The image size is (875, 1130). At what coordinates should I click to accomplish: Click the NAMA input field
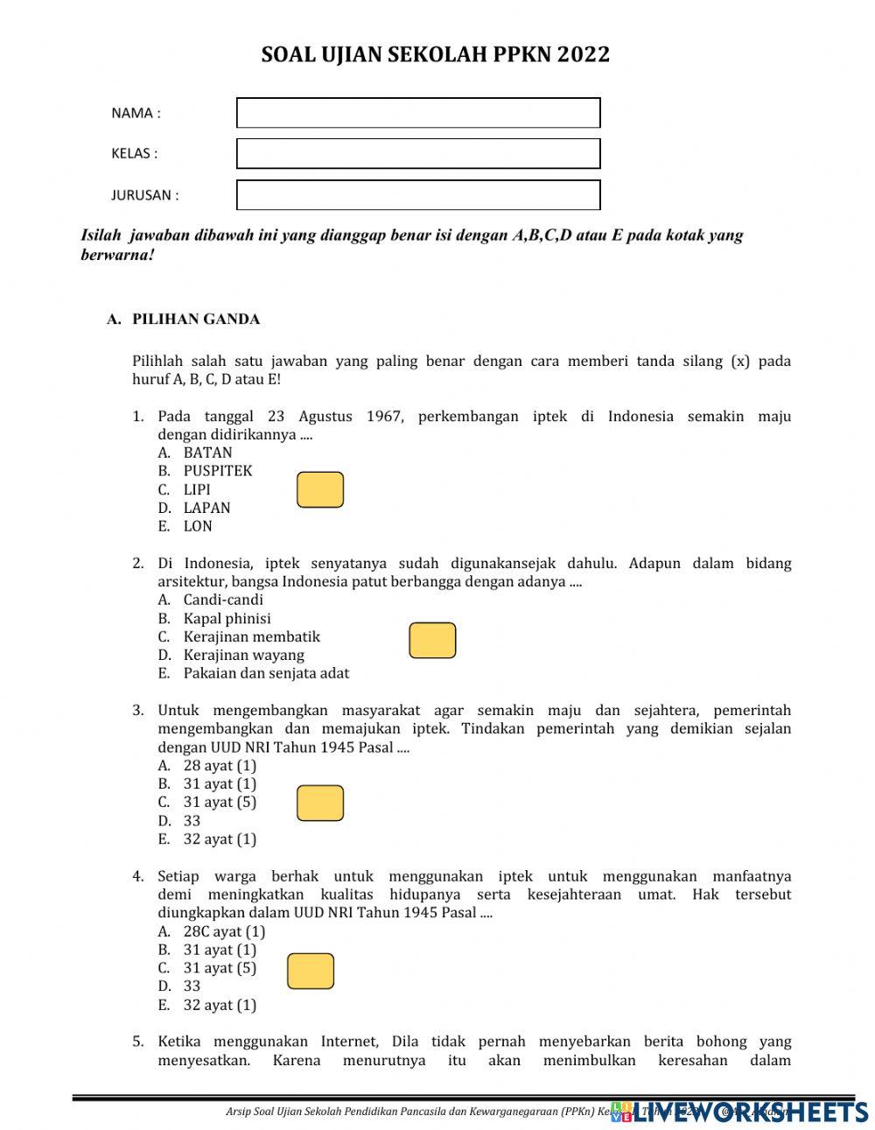[418, 113]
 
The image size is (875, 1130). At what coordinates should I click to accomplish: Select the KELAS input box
[418, 154]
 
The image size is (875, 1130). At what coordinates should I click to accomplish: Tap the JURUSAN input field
[418, 195]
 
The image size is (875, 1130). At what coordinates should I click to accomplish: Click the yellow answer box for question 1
[320, 490]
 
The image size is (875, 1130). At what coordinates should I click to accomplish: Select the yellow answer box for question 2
[432, 641]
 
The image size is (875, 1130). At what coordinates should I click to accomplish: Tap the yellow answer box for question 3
[320, 804]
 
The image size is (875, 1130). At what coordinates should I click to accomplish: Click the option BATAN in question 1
[207, 453]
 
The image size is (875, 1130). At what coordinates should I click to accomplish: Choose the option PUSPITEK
[217, 471]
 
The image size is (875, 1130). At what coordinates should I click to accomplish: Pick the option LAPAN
[206, 508]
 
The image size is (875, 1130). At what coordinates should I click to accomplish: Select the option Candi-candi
[223, 600]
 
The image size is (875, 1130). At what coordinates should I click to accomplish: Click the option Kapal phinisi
[227, 618]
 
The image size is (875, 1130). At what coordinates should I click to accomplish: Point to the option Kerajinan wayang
[243, 655]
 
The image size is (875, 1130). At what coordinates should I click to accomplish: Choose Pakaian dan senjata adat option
[266, 673]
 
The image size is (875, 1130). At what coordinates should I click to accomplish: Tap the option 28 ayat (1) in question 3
[220, 766]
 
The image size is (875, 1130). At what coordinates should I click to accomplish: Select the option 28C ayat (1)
[224, 931]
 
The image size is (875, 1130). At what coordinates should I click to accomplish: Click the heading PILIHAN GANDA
[195, 319]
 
